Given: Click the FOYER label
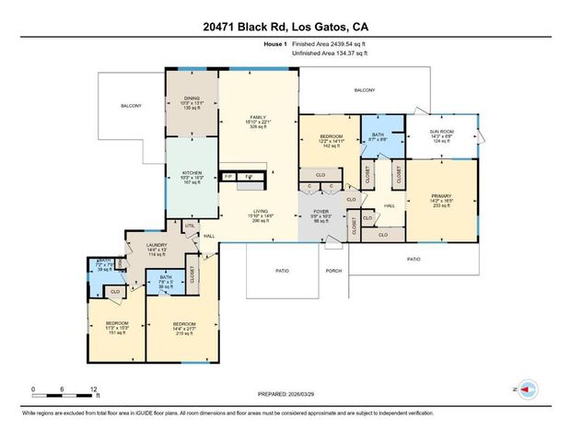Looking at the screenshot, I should click(321, 216).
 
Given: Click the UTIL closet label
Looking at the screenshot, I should click(191, 226).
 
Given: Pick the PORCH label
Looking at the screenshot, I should click(333, 272).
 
